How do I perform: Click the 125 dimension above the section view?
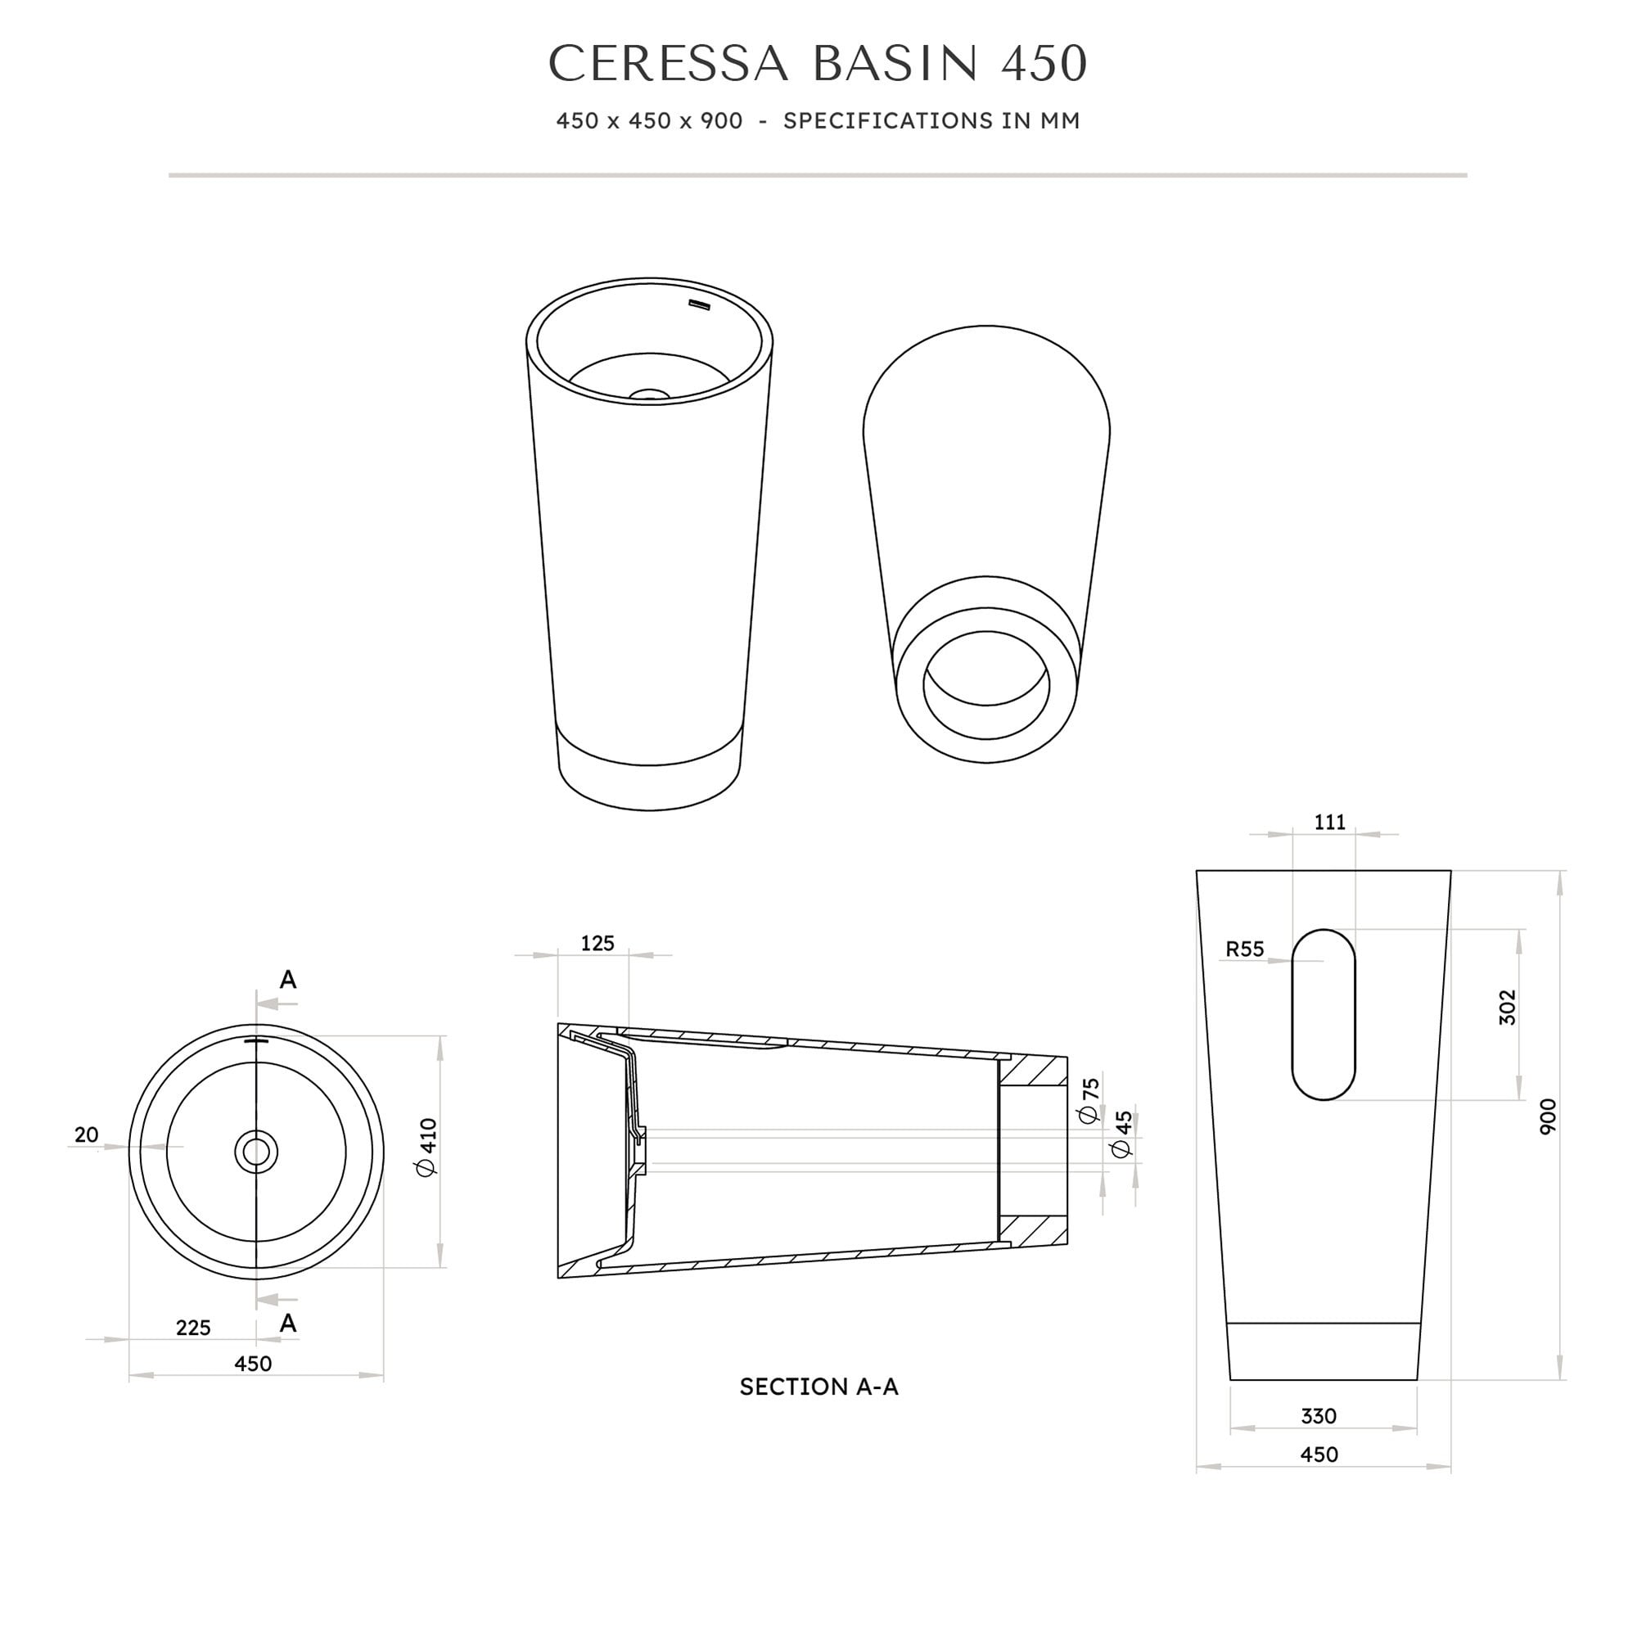pos(598,944)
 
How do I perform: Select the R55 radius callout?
pos(1244,949)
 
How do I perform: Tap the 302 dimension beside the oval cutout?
pos(1508,1008)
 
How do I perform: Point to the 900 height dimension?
pos(1548,1116)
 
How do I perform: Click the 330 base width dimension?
pos(1319,1416)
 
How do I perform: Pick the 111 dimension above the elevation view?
pos(1329,822)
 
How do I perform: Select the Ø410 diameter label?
pos(428,1148)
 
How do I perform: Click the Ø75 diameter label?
pos(1089,1100)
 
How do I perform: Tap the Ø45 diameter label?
pos(1122,1134)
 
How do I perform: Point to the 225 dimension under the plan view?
pos(193,1328)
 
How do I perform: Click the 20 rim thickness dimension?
pos(87,1134)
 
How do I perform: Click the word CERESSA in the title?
pos(669,64)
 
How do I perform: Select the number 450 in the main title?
pos(1044,64)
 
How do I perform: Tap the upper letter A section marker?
pos(288,980)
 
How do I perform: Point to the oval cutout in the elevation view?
pos(1323,1014)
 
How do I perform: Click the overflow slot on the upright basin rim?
pos(699,304)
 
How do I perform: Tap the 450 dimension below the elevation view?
pos(1319,1454)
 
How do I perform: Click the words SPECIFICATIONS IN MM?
pos(931,121)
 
